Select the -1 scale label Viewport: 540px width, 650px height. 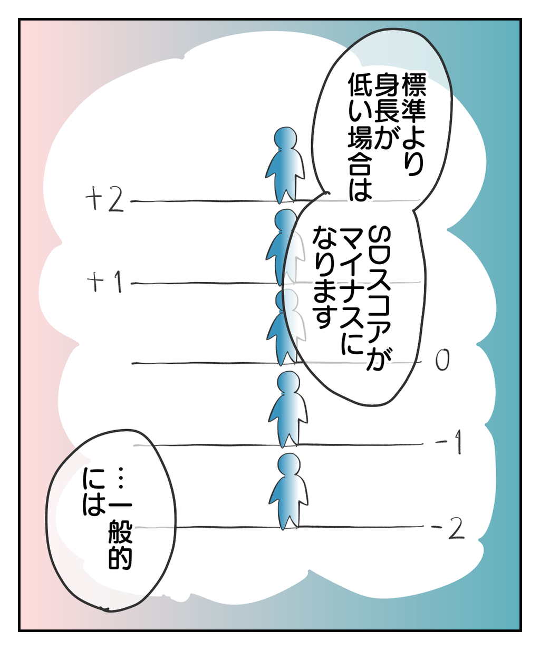tap(449, 442)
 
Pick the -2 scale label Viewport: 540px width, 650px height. tap(448, 528)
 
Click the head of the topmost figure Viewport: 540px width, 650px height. tap(285, 139)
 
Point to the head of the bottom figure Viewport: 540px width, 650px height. tap(288, 464)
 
